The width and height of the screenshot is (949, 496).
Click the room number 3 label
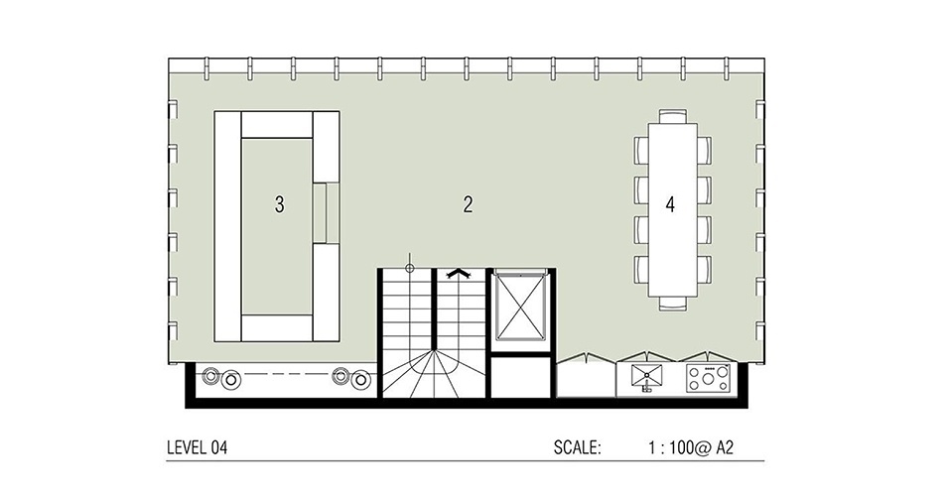pyautogui.click(x=279, y=205)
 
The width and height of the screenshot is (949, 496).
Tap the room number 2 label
pyautogui.click(x=467, y=205)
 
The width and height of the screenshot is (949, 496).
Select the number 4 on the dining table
pyautogui.click(x=670, y=205)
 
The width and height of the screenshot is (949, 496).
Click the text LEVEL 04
pyautogui.click(x=199, y=447)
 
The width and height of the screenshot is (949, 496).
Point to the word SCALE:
pyautogui.click(x=578, y=447)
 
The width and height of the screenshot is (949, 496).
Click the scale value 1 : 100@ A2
pyautogui.click(x=688, y=447)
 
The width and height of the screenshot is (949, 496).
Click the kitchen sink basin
pyautogui.click(x=651, y=376)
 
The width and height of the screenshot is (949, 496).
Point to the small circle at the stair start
pyautogui.click(x=409, y=266)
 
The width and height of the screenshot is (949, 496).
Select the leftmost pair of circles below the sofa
pyautogui.click(x=220, y=377)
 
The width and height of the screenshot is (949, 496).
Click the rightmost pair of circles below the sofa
pyautogui.click(x=352, y=377)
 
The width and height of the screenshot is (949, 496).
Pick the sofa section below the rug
pyautogui.click(x=278, y=327)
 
